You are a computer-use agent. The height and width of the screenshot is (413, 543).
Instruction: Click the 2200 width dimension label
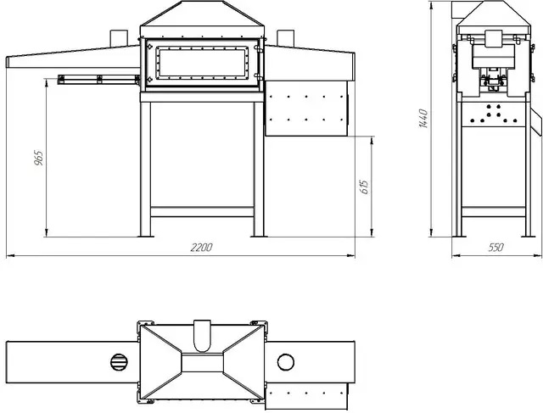tap(201, 247)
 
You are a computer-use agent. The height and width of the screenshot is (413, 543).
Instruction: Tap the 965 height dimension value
tap(39, 158)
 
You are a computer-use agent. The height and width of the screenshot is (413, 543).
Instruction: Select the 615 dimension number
tap(365, 187)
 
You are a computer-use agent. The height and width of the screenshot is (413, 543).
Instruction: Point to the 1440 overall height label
tap(423, 119)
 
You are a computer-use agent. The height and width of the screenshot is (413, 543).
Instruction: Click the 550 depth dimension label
tap(495, 247)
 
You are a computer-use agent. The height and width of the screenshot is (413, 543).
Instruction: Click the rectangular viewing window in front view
tap(202, 63)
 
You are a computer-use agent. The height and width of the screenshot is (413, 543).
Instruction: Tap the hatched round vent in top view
tap(119, 362)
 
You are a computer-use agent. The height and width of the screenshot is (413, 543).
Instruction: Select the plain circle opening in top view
tap(286, 362)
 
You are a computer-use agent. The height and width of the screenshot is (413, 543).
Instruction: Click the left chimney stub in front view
tap(119, 38)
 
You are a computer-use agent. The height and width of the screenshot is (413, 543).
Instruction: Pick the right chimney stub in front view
tap(285, 38)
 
